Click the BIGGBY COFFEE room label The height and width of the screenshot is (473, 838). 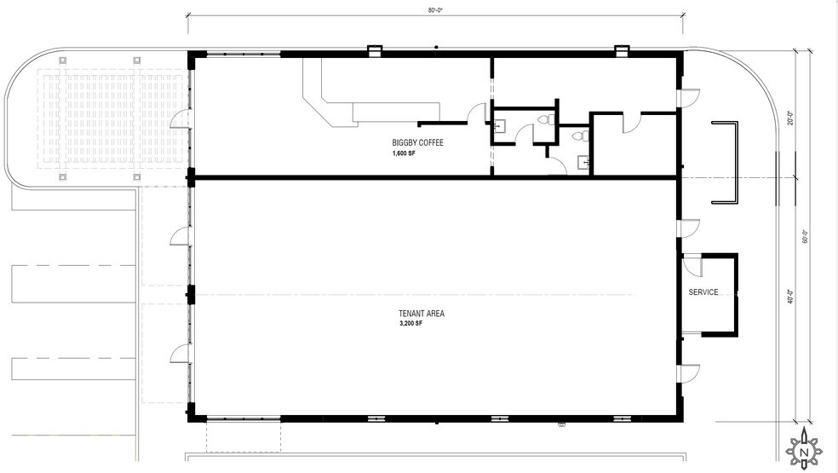(x=417, y=143)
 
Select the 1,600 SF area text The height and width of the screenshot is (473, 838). (x=404, y=153)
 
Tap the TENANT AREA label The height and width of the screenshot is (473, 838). (x=422, y=314)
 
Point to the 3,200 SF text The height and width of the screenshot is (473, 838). (x=410, y=324)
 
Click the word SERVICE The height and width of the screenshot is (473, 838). (x=703, y=292)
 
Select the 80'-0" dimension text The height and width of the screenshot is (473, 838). (x=435, y=11)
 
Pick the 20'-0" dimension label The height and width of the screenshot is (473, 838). (x=790, y=118)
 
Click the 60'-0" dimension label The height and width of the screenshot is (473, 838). (x=806, y=236)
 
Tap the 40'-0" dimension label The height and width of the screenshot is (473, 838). (x=790, y=297)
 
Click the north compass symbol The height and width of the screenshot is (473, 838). (x=804, y=451)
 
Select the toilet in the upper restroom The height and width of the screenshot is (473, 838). (x=546, y=119)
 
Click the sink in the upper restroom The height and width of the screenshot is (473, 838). (x=499, y=126)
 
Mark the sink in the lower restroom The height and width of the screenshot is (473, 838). (x=583, y=160)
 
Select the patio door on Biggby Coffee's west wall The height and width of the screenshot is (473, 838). (x=180, y=118)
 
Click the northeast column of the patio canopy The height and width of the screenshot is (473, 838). (x=137, y=60)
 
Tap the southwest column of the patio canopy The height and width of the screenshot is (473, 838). (x=62, y=177)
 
